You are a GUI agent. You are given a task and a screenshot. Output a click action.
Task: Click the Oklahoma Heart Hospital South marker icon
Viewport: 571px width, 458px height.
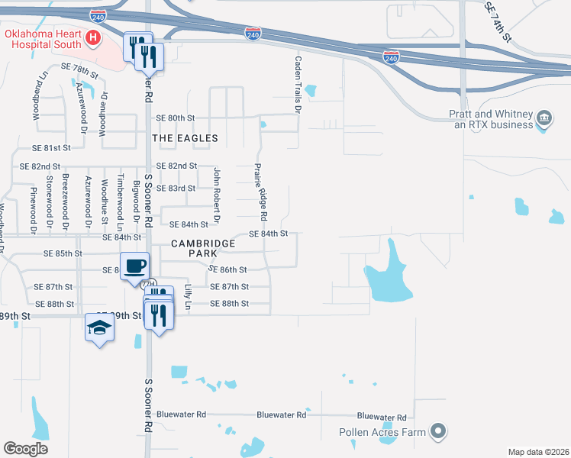93,37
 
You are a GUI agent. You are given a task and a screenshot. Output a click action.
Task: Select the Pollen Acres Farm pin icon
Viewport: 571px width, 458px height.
437,432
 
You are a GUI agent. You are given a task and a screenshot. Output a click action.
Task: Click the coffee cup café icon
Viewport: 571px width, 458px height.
134,266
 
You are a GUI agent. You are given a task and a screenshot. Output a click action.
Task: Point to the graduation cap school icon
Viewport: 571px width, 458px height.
99,327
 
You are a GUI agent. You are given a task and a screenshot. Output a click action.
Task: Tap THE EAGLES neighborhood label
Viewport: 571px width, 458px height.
185,138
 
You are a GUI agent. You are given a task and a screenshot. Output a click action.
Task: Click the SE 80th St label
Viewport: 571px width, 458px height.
176,118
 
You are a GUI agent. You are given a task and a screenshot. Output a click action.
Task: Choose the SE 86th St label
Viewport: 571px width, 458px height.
227,269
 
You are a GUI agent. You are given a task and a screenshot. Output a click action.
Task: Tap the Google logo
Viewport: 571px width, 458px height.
25,448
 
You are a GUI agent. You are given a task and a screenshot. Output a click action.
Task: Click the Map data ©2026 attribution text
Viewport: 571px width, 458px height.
538,452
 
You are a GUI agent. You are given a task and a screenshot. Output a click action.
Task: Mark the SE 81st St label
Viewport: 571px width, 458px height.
51,147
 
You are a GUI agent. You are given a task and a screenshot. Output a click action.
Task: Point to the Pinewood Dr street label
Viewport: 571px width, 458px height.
33,208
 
